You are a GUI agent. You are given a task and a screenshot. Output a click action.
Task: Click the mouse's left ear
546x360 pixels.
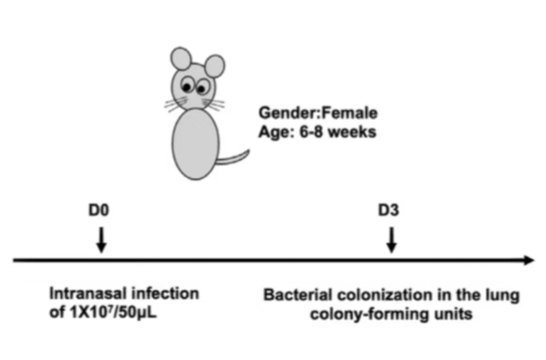(180, 59)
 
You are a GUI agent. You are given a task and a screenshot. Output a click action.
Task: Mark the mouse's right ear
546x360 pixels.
(214, 66)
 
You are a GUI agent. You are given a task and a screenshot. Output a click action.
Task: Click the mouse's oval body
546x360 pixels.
(195, 144)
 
